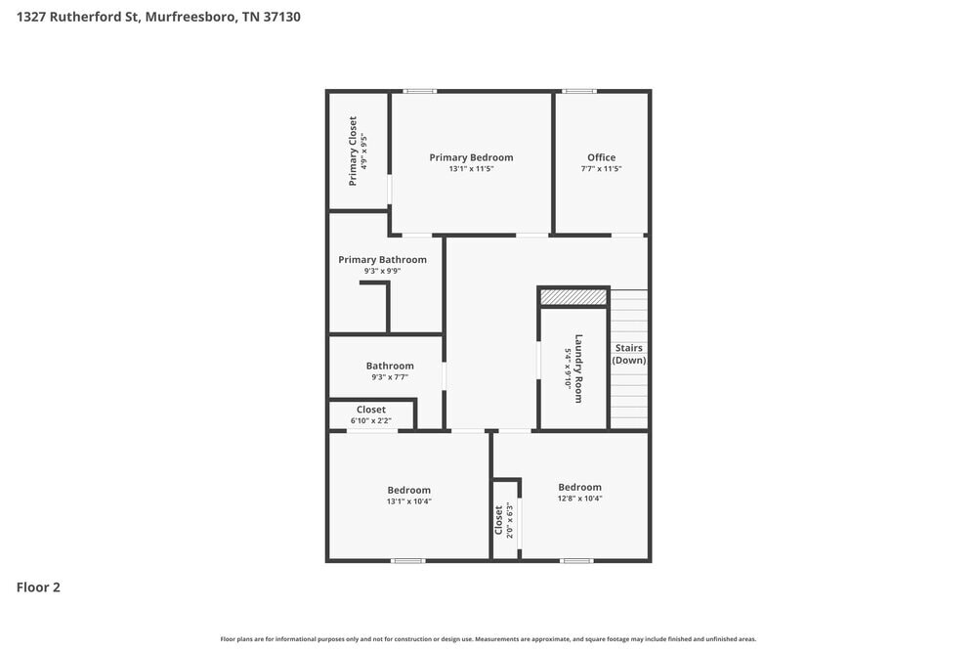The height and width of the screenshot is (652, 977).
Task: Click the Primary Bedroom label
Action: click(x=471, y=157)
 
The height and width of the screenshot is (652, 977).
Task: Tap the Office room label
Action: click(x=601, y=157)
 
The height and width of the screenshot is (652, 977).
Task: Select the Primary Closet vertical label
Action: click(x=353, y=152)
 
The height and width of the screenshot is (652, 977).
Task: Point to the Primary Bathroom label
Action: click(x=382, y=260)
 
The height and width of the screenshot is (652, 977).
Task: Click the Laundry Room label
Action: click(x=578, y=369)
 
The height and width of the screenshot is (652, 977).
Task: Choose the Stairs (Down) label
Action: click(x=628, y=354)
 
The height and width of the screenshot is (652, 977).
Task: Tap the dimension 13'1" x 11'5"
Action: click(x=471, y=169)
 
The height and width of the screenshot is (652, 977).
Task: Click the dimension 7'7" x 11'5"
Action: click(x=601, y=169)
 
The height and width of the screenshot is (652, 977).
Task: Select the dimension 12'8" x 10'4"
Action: click(x=579, y=500)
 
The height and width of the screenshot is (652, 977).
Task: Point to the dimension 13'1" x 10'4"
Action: click(x=408, y=501)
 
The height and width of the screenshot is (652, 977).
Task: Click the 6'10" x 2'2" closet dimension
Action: click(x=370, y=421)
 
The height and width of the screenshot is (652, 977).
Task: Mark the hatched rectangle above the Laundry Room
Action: click(x=573, y=296)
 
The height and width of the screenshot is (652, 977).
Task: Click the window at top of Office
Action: click(x=579, y=92)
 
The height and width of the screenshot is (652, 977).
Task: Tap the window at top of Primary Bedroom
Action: click(x=420, y=92)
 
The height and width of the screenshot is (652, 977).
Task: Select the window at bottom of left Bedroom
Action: click(x=407, y=561)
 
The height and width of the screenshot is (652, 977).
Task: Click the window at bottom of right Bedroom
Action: click(x=576, y=561)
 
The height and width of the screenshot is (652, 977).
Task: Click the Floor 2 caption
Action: click(x=38, y=587)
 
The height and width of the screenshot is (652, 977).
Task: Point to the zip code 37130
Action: click(x=281, y=17)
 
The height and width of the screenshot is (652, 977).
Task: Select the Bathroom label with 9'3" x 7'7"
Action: click(x=390, y=366)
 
